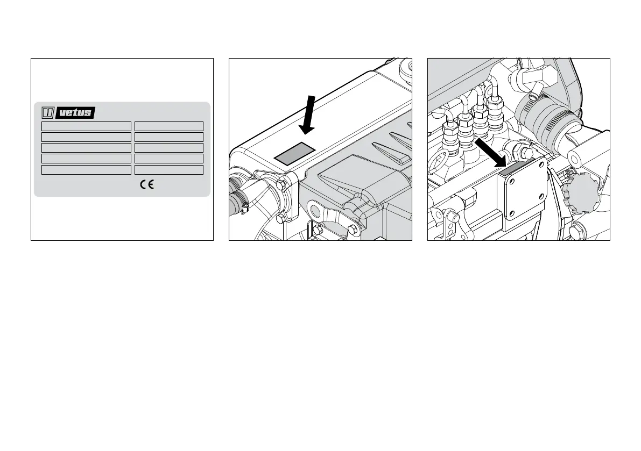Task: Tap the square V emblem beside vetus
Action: coord(47,112)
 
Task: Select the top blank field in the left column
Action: coord(87,126)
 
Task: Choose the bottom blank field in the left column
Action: coord(87,170)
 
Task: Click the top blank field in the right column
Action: coord(169,126)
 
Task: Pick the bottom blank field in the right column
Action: coord(169,170)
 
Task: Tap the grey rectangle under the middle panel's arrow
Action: coord(295,153)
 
